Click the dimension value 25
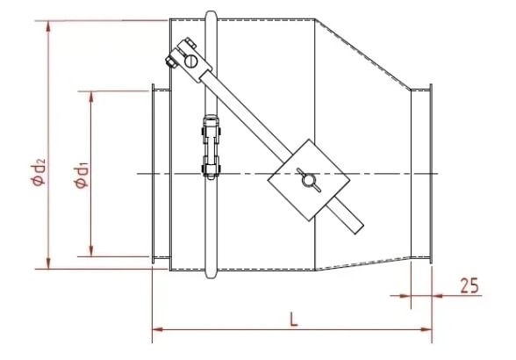click(469, 285)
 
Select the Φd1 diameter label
click(80, 173)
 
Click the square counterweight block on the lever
click(307, 179)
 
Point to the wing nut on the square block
click(308, 179)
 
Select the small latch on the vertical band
click(211, 149)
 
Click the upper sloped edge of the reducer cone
click(366, 54)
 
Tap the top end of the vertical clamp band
click(210, 15)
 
